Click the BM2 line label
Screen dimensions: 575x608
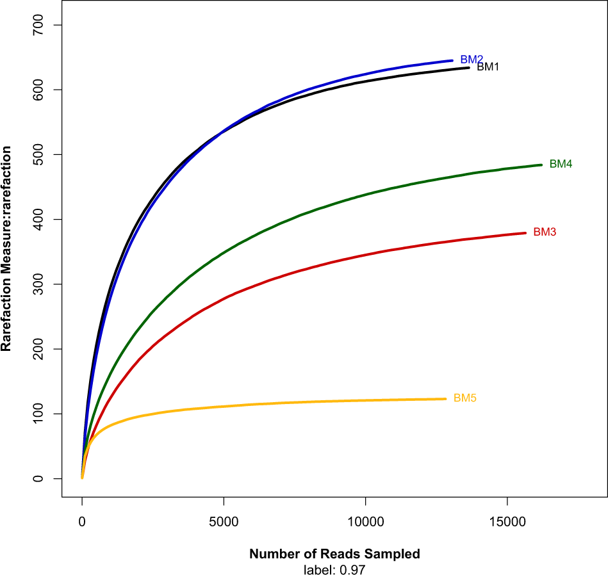[472, 59]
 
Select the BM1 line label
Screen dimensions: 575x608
[488, 67]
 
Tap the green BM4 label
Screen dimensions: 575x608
[561, 164]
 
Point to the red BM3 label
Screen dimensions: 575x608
[545, 232]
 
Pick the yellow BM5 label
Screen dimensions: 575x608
[464, 398]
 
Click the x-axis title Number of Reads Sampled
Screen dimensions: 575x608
[334, 554]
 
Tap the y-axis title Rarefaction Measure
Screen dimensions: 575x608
[7, 248]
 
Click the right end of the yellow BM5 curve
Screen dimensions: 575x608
[445, 399]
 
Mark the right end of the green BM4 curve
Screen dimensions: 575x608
[541, 165]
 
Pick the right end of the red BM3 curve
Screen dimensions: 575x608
[525, 232]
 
